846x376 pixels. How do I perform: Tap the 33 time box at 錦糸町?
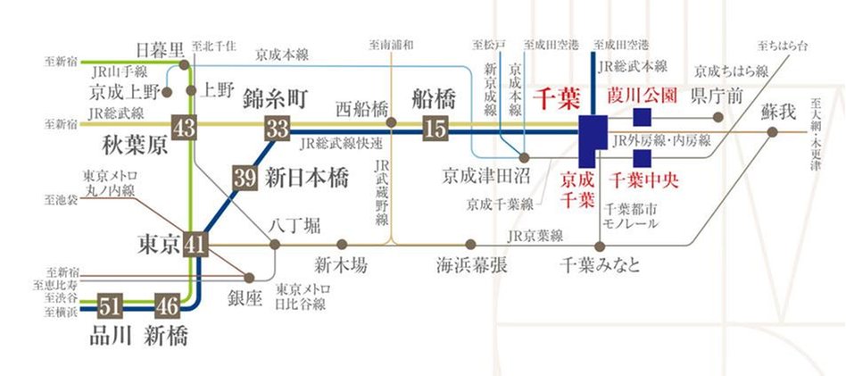pyautogui.click(x=275, y=128)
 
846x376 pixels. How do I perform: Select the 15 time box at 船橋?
pyautogui.click(x=435, y=128)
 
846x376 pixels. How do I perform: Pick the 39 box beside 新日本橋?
pyautogui.click(x=244, y=178)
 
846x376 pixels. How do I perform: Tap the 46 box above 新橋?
pyautogui.click(x=167, y=305)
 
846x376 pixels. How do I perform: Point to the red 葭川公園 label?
pyautogui.click(x=641, y=95)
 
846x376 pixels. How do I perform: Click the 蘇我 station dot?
pyautogui.click(x=773, y=132)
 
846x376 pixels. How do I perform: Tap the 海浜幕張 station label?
pyautogui.click(x=471, y=265)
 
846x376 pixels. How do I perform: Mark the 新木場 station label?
pyautogui.click(x=340, y=265)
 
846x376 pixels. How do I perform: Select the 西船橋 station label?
pyautogui.click(x=363, y=108)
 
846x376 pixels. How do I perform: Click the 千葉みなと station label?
pyautogui.click(x=599, y=265)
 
